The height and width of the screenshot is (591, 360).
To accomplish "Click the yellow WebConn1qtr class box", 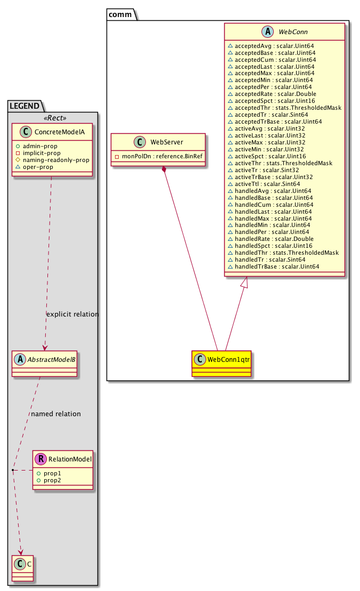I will tap(220, 362).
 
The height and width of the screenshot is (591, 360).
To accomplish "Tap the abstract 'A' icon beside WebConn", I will tap(266, 32).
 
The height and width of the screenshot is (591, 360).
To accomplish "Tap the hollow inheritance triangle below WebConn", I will tap(244, 284).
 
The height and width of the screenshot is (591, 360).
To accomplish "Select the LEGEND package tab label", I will tap(24, 106).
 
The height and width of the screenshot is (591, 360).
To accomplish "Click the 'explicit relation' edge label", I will tap(72, 314).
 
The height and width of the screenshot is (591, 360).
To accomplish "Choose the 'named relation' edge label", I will tap(56, 414).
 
